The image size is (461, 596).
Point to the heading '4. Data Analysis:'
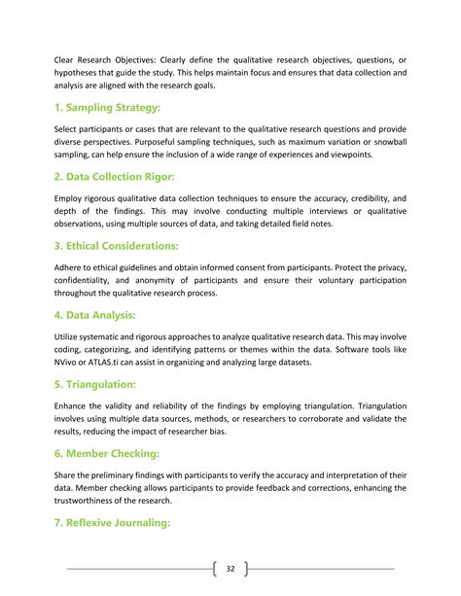coord(95,316)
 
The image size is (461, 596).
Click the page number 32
coord(230,569)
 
